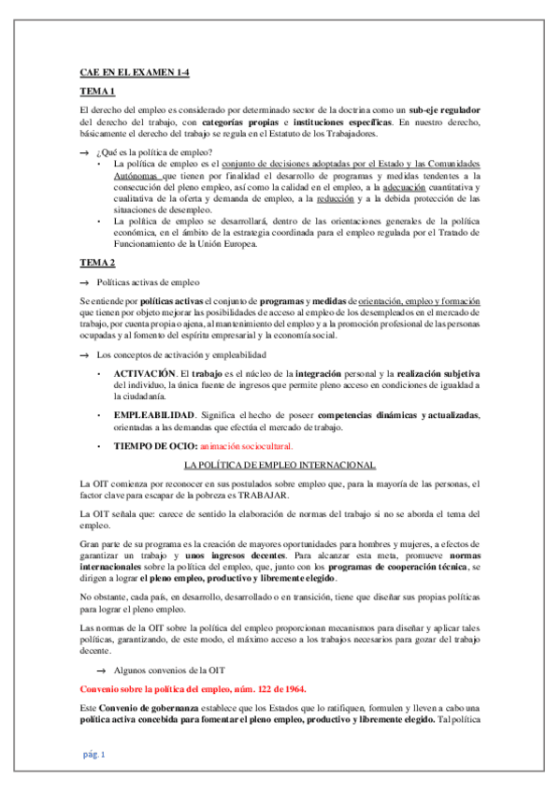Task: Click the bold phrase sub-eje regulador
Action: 444,110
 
